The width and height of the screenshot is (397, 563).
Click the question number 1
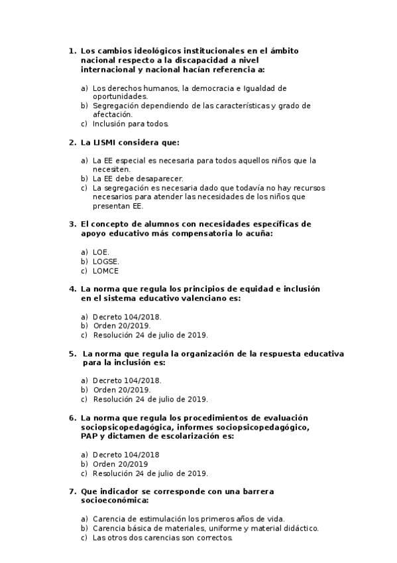click(72, 50)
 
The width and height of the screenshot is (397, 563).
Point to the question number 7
click(72, 491)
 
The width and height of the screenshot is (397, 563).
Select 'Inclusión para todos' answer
click(131, 123)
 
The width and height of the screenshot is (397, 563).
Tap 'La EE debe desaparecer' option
click(137, 179)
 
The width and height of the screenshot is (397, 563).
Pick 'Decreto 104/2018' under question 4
click(127, 317)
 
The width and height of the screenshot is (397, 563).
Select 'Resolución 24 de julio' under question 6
click(150, 473)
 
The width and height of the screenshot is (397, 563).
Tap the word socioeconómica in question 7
click(115, 501)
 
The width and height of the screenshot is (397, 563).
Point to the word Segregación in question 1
click(117, 106)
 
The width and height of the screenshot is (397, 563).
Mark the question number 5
click(72, 354)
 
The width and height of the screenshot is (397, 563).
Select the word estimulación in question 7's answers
click(159, 519)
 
